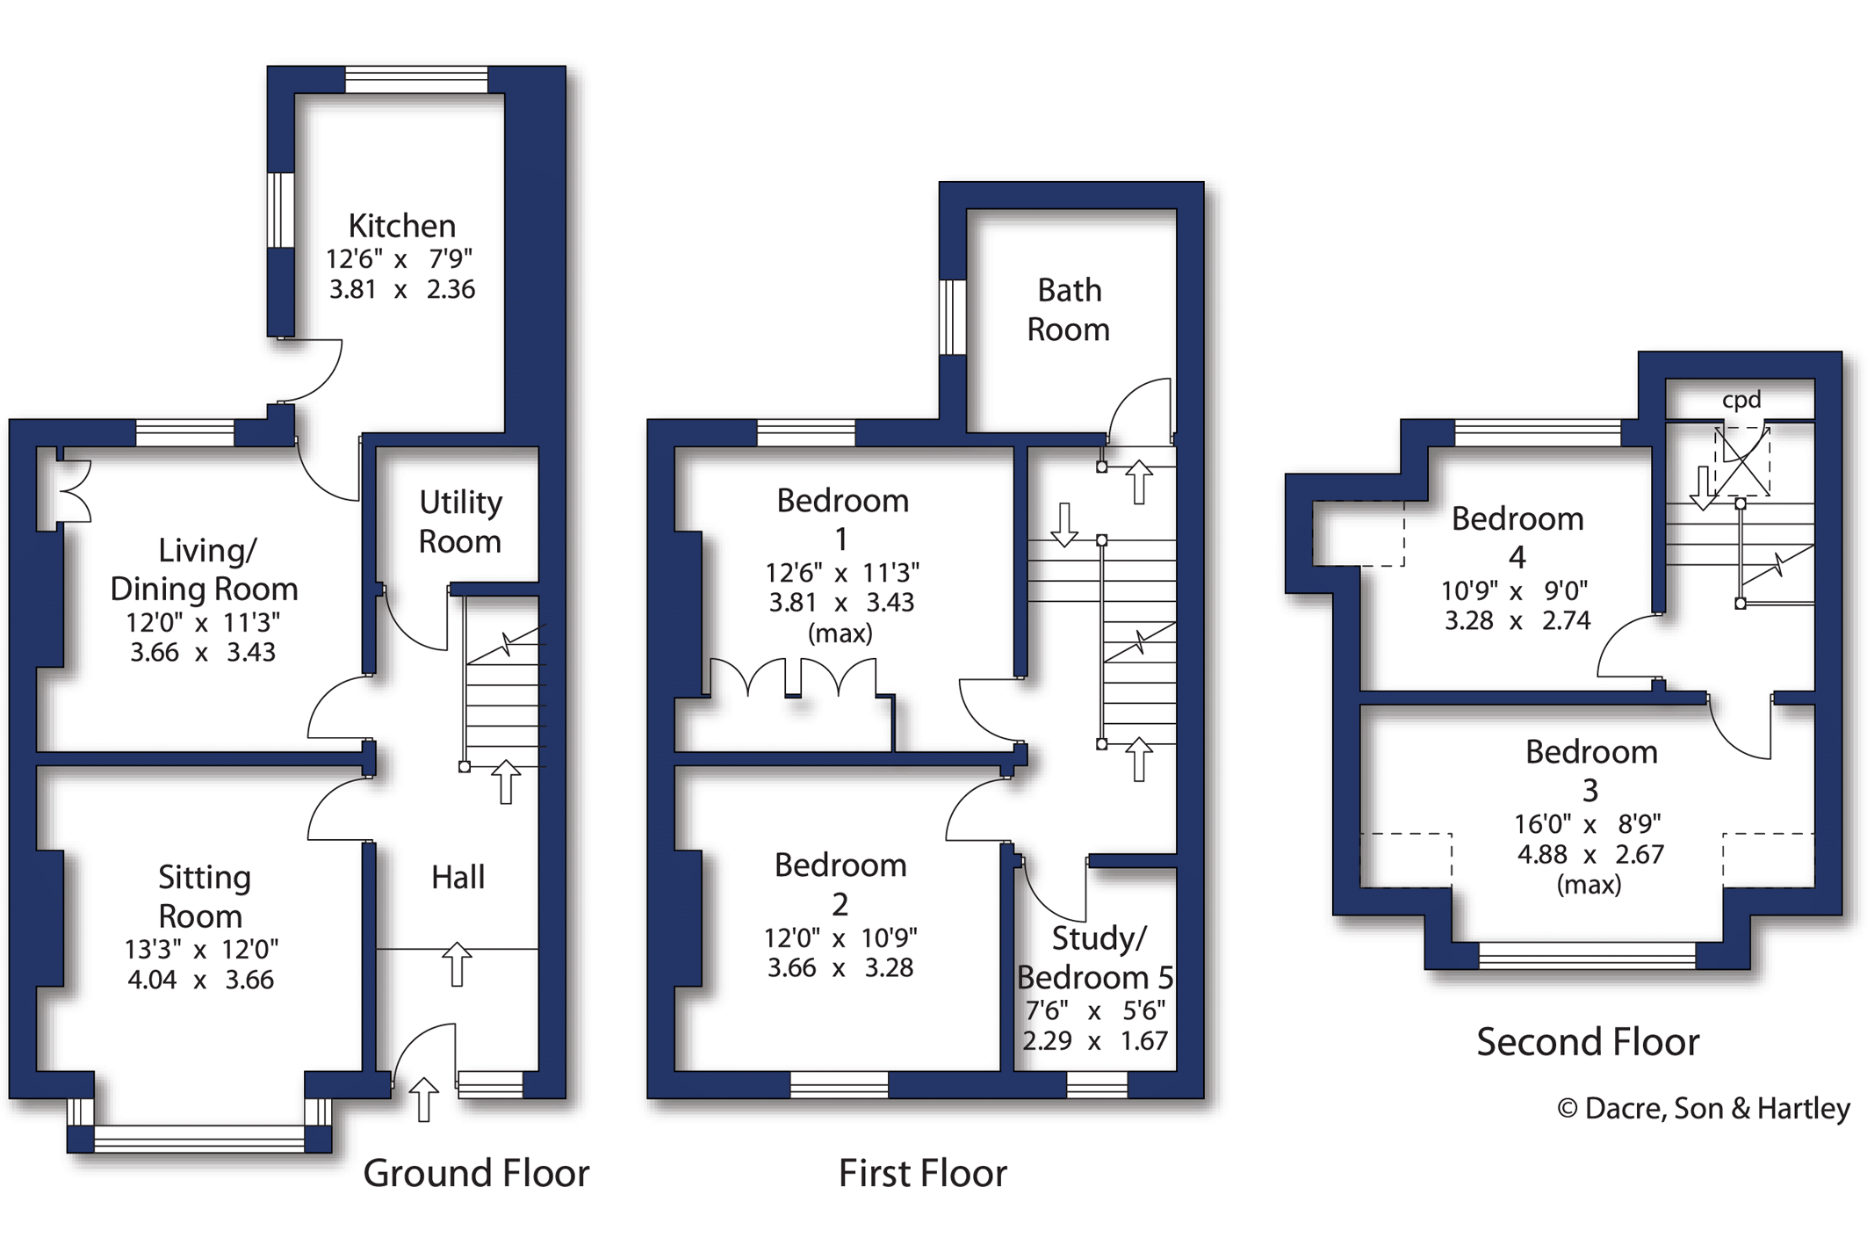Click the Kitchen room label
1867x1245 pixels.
(402, 226)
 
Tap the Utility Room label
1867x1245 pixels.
(460, 522)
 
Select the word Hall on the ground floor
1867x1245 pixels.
(458, 877)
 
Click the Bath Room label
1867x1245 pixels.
(1069, 309)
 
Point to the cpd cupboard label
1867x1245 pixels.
(1741, 400)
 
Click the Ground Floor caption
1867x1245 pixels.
(476, 1173)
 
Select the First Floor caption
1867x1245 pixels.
(923, 1173)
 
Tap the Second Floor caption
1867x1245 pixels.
(1588, 1042)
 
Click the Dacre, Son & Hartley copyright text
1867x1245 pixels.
(1704, 1109)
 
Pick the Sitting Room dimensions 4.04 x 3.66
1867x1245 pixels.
(200, 980)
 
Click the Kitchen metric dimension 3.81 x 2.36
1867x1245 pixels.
(402, 289)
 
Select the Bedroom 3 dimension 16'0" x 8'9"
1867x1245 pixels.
(1588, 824)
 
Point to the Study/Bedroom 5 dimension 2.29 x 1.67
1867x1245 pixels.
(1095, 1041)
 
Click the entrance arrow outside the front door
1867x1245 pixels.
(424, 1099)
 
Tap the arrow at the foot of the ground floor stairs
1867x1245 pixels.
(506, 782)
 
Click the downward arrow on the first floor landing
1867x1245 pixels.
(1064, 525)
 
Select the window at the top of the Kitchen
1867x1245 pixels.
(416, 80)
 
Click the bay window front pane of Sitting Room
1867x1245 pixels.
(199, 1140)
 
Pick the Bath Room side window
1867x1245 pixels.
(953, 317)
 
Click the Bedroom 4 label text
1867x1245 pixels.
(1517, 538)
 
